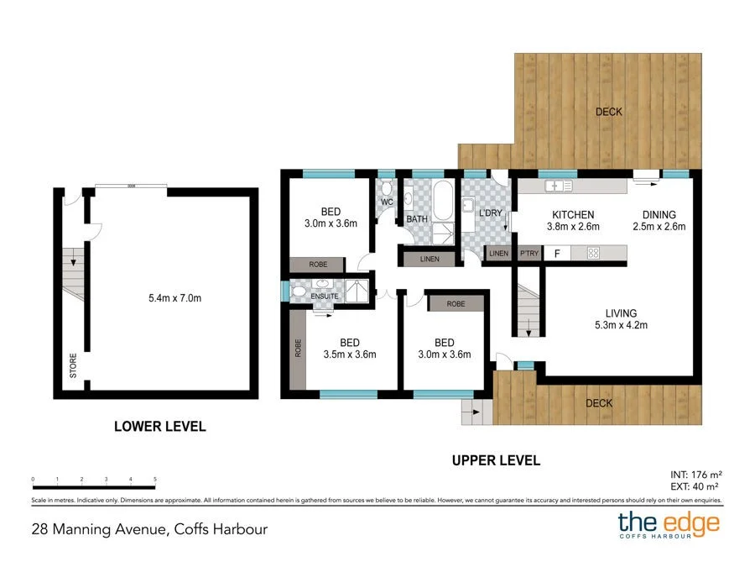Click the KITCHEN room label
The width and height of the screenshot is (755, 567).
(573, 214)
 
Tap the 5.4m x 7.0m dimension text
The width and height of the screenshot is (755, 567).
(174, 297)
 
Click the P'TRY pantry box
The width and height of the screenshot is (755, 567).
(528, 253)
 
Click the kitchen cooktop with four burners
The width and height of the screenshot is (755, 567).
(592, 252)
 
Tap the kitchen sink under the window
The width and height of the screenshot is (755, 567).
(557, 186)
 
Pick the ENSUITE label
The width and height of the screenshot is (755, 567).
(324, 296)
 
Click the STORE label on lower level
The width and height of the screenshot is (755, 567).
(74, 367)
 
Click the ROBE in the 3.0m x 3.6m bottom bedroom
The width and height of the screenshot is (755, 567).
(456, 303)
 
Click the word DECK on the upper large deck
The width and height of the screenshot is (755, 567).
(609, 113)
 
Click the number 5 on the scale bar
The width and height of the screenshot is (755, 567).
(155, 479)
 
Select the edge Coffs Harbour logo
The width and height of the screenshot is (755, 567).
(669, 525)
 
